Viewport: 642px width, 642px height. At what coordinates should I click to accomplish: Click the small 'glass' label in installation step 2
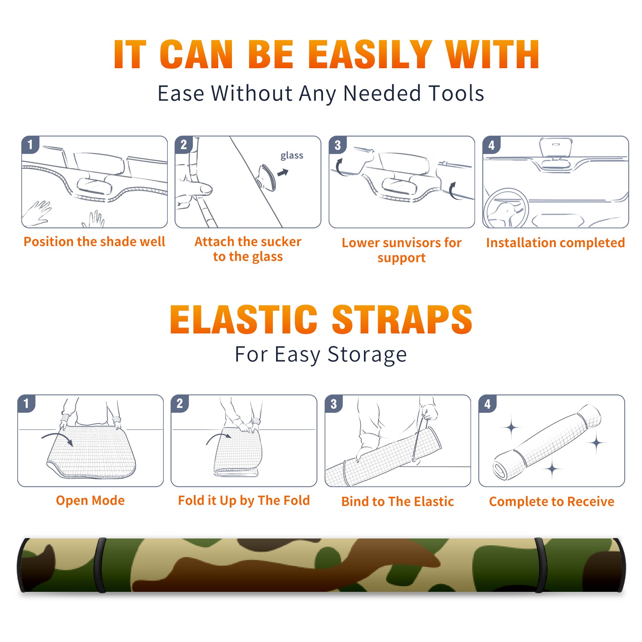point(292,156)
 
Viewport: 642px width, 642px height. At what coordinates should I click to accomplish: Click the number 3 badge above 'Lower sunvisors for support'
point(338,145)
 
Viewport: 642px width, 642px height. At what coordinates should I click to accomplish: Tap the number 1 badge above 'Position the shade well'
point(30,144)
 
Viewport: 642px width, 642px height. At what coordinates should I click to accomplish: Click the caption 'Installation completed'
point(555,243)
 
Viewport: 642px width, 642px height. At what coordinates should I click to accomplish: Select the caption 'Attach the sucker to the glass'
point(248,249)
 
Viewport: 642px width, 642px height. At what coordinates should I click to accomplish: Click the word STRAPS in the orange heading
point(402,319)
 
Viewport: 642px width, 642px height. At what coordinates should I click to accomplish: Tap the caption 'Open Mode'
point(90,501)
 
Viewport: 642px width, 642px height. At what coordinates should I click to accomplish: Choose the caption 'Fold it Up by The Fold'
point(244,501)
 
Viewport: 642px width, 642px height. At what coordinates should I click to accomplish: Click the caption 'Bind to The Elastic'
point(398,502)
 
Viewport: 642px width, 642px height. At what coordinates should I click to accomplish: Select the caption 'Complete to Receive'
point(552,502)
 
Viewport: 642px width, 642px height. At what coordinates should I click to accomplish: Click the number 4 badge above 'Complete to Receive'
point(488,404)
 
